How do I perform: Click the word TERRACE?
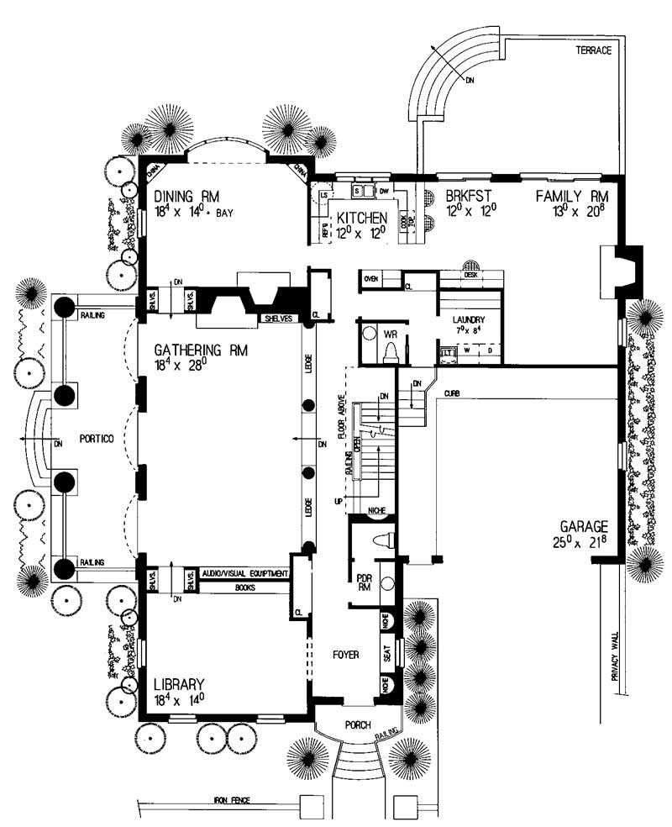[x=592, y=50]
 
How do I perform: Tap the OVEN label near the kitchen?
[x=372, y=278]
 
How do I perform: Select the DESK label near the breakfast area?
[x=470, y=274]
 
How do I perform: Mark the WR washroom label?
[x=388, y=334]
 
